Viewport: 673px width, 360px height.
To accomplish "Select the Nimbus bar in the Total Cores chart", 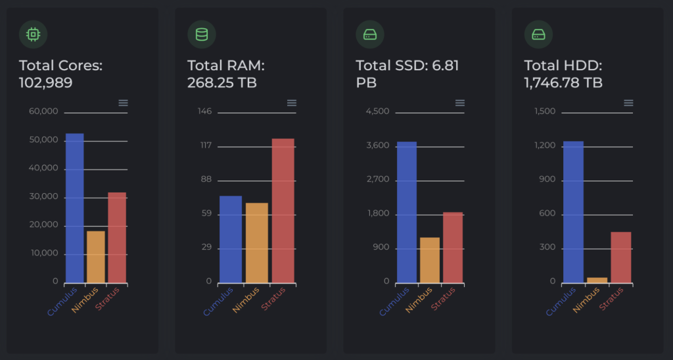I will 96,257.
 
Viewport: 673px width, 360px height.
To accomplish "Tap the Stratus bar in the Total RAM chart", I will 283,211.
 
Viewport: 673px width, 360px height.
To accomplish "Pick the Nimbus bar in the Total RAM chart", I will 257,243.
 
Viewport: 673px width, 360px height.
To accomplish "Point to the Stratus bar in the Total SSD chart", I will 453,248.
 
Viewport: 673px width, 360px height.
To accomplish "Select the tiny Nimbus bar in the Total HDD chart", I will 597,281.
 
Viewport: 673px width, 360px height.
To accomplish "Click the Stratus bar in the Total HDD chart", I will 621,258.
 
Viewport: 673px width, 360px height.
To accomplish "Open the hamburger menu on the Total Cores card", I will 123,102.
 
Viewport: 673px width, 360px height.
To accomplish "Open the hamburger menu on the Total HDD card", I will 628,102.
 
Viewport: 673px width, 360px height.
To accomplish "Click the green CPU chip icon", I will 33,34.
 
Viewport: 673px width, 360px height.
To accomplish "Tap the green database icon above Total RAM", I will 201,34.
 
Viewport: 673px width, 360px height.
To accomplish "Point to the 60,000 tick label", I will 43,112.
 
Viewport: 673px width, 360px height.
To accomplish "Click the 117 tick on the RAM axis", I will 205,145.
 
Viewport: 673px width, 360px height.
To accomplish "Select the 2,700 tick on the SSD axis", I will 377,179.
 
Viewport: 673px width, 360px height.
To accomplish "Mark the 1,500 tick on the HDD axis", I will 545,112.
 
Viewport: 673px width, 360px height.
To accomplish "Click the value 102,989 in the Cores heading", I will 45,83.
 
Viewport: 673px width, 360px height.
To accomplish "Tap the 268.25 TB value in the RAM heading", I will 222,83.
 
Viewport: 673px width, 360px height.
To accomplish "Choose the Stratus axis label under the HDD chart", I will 611,299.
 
